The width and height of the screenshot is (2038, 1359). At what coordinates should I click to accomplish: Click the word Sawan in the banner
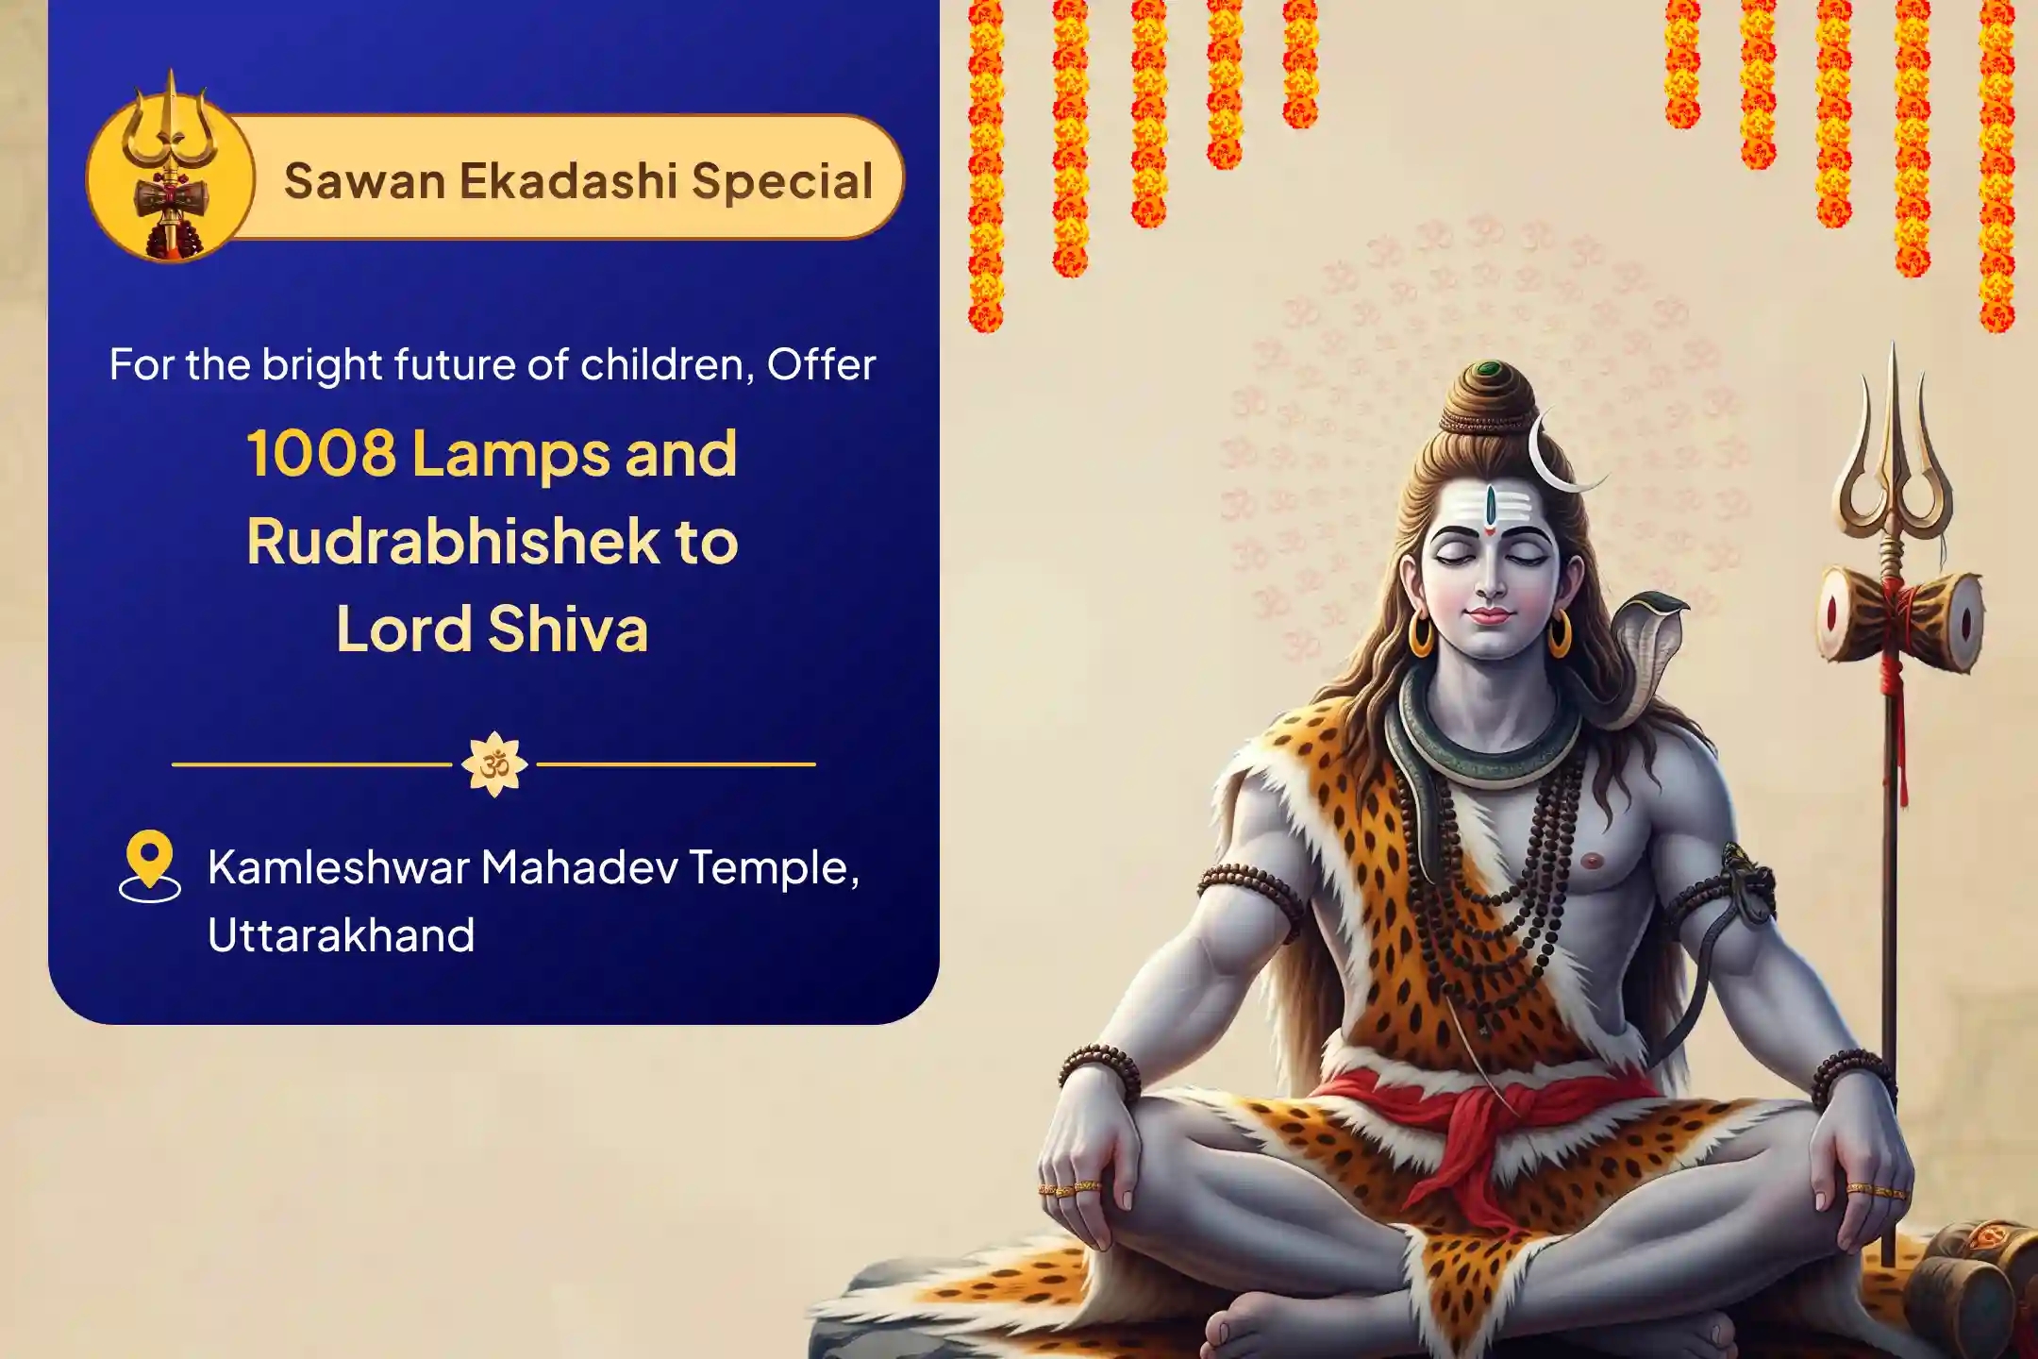364,180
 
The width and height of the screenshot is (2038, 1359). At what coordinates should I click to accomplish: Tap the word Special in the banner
782,181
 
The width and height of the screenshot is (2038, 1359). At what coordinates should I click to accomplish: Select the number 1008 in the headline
321,453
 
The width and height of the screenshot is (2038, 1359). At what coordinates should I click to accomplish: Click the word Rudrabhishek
453,541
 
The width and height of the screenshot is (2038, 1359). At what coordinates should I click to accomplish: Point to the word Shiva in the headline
569,629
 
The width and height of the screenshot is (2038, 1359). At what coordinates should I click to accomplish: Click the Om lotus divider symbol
494,764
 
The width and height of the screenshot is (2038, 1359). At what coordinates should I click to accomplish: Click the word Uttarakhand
341,935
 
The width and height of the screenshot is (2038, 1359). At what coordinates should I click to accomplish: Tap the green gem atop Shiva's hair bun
1491,369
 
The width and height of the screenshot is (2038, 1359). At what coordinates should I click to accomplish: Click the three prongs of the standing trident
1892,444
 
